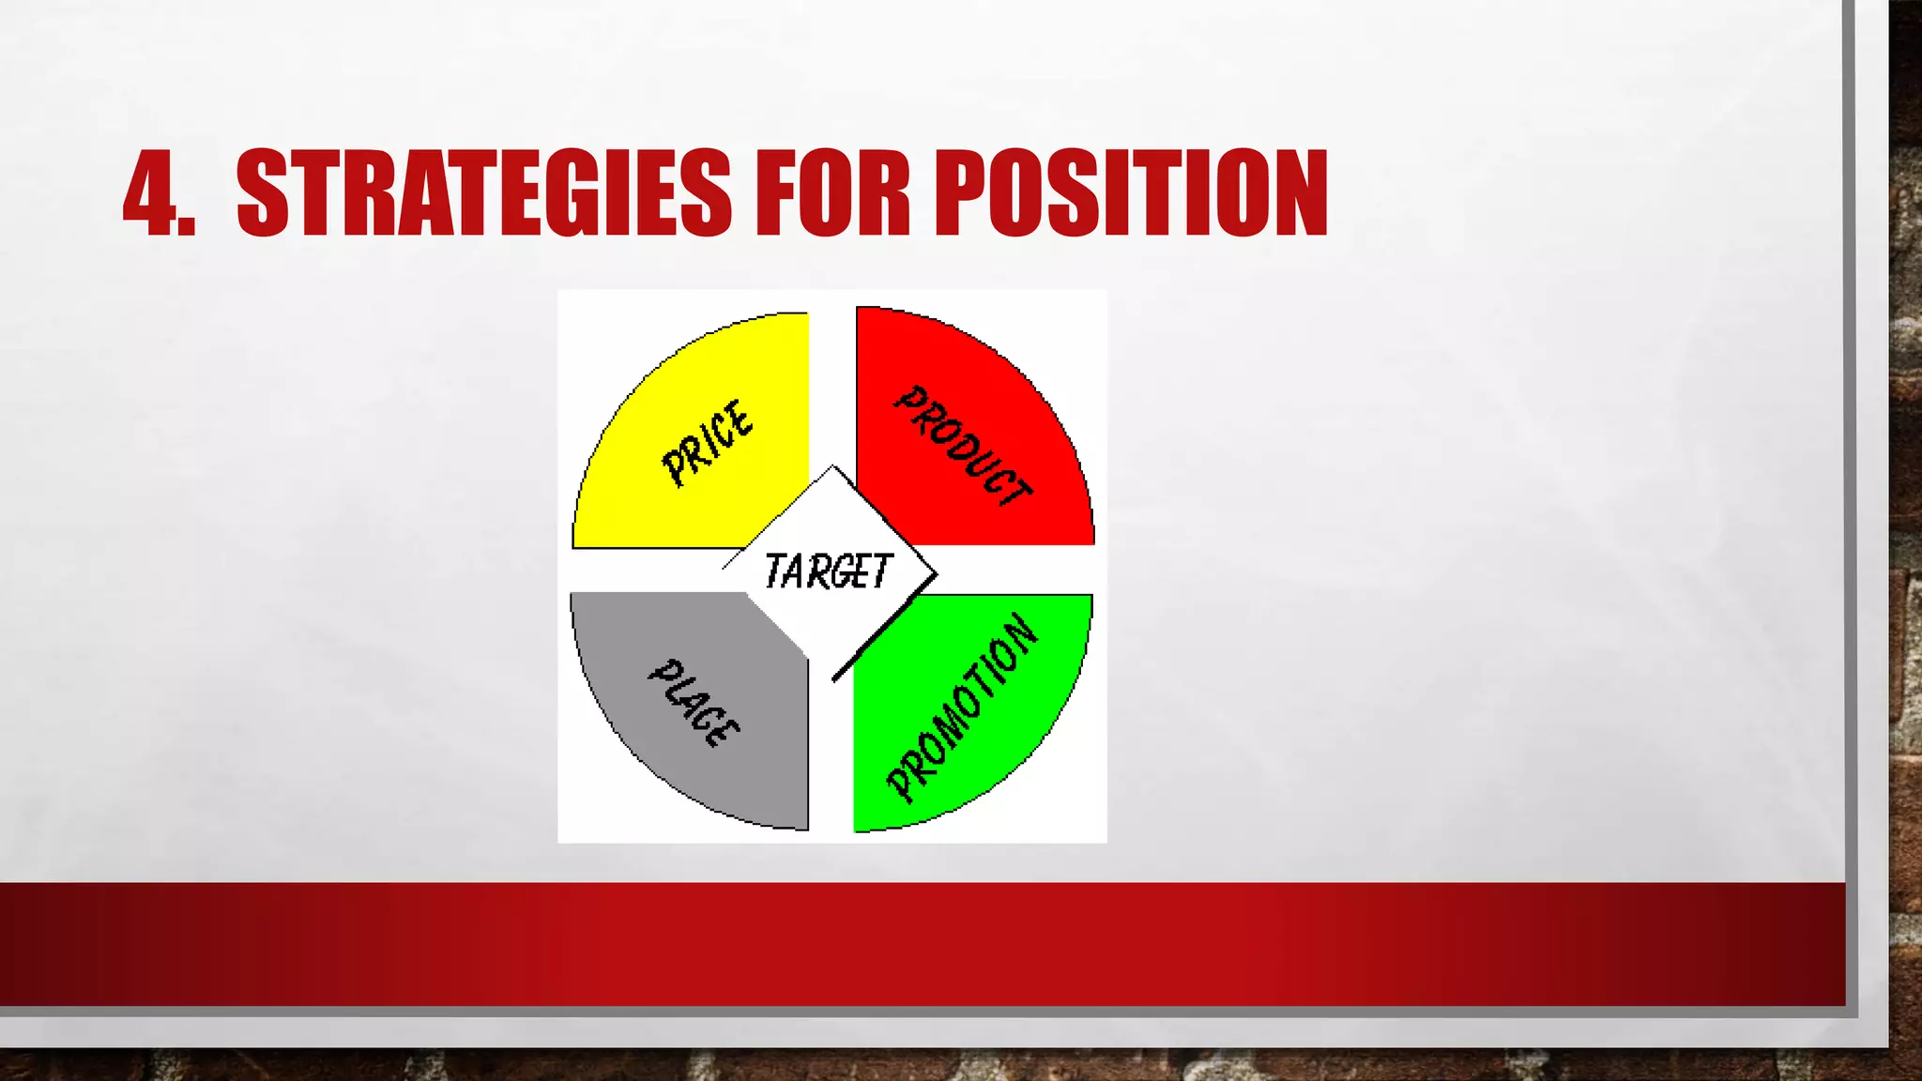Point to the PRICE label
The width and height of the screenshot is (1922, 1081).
click(x=707, y=443)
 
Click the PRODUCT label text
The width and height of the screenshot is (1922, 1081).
click(x=962, y=447)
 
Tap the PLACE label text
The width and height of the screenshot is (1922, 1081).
click(x=694, y=703)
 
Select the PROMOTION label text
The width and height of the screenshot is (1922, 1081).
click(x=963, y=708)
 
